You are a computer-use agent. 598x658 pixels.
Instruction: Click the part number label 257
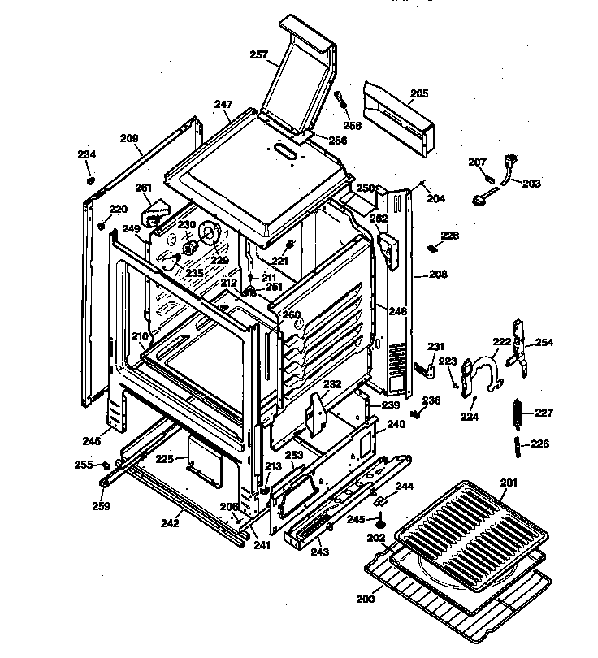[x=258, y=54]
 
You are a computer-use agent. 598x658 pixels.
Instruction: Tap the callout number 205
[x=418, y=93]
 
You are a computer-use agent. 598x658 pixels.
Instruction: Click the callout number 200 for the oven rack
[x=366, y=599]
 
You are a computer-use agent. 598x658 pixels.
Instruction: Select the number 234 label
[x=86, y=154]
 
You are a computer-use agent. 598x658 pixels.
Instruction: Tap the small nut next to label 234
[x=92, y=178]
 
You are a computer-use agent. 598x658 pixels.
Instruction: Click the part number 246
[x=91, y=441]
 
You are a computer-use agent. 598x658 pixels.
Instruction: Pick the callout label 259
[x=101, y=506]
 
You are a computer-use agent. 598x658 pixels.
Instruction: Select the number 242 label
[x=169, y=523]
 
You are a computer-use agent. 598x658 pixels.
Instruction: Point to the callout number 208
[x=438, y=275]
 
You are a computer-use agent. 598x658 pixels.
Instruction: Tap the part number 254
[x=544, y=342]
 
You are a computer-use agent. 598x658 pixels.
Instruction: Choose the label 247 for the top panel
[x=223, y=104]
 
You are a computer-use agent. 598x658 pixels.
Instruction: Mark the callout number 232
[x=331, y=385]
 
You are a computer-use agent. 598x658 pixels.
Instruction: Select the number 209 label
[x=129, y=138]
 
